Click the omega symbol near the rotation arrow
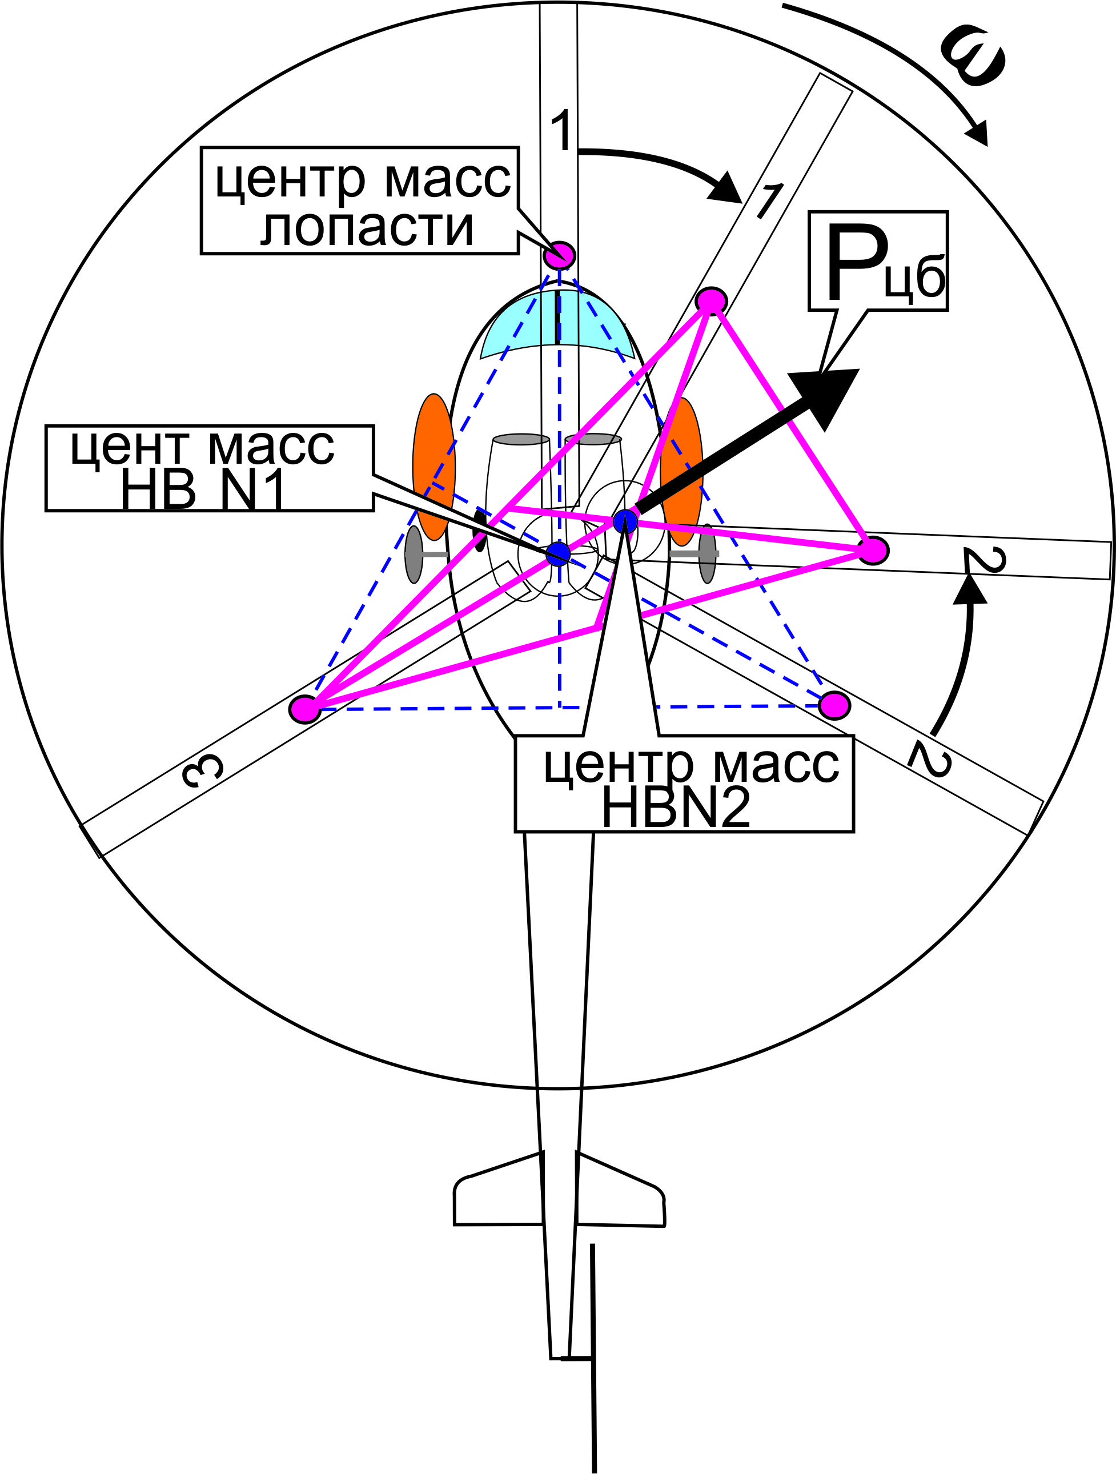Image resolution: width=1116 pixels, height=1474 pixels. point(973,57)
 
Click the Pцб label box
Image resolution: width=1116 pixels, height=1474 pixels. point(877,260)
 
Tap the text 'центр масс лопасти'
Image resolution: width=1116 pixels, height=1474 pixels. point(360,200)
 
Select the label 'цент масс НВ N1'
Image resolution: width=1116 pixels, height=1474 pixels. point(209,468)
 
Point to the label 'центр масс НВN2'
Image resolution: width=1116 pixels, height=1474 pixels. point(684,784)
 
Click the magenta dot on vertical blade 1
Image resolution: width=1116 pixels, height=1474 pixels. point(559,255)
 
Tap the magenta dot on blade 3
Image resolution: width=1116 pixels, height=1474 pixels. point(305,708)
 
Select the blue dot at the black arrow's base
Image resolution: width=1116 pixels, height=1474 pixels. point(625,520)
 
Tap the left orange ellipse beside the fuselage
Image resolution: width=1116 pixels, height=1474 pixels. point(433,466)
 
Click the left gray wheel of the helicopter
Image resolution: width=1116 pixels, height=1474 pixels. point(414,554)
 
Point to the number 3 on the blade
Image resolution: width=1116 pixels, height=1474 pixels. point(202,772)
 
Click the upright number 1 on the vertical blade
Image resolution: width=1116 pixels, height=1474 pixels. point(561,131)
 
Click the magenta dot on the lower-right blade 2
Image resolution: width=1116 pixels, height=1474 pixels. point(834,705)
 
